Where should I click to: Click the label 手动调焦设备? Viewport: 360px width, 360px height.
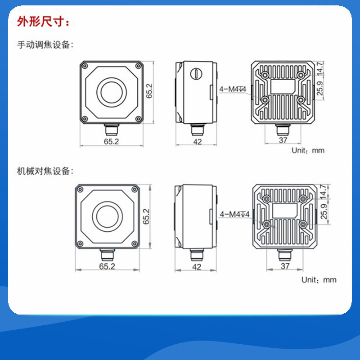[x=43, y=45]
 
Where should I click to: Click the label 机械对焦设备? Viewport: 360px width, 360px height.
[x=43, y=171]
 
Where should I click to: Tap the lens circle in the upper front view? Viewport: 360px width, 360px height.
[x=112, y=92]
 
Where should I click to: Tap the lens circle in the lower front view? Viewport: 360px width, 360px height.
[x=107, y=216]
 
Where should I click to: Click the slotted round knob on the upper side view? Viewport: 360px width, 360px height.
[x=196, y=74]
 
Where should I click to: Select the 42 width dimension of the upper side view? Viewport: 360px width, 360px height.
[x=198, y=142]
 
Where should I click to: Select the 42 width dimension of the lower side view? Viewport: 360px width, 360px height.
[x=197, y=266]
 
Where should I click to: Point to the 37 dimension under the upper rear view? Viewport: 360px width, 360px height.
[x=283, y=140]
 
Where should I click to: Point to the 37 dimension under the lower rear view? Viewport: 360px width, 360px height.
[x=285, y=266]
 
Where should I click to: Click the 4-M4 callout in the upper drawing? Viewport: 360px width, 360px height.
[x=233, y=89]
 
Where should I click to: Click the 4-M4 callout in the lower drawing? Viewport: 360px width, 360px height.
[x=234, y=214]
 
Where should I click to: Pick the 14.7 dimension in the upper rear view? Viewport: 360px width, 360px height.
[x=320, y=68]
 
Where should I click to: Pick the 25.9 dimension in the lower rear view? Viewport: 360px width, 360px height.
[x=324, y=211]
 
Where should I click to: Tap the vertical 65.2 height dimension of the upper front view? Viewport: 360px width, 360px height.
[x=149, y=91]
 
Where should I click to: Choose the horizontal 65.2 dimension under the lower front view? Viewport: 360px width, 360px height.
[x=107, y=266]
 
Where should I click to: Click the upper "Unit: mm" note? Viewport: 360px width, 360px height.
[x=308, y=150]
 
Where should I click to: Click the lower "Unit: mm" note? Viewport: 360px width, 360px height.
[x=319, y=279]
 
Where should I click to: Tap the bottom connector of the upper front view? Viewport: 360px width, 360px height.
[x=112, y=130]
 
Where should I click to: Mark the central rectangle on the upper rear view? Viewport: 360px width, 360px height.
[x=283, y=86]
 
